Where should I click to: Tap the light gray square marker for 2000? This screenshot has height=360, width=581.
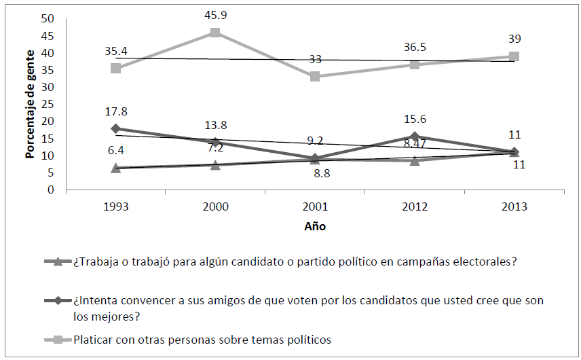click(x=215, y=32)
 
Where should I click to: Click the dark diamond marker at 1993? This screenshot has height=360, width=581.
click(x=115, y=128)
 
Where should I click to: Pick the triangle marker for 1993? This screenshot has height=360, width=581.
click(x=115, y=167)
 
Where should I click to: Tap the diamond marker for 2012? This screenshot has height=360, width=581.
click(x=415, y=137)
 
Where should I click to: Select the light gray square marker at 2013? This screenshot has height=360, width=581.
click(x=514, y=56)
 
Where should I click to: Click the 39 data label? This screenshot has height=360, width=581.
click(x=514, y=38)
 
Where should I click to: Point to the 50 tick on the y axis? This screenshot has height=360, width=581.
click(x=48, y=18)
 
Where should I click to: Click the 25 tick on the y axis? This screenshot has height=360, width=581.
click(x=48, y=104)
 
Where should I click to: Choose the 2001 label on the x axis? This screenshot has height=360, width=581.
click(x=315, y=207)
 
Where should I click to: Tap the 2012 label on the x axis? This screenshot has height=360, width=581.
click(x=415, y=207)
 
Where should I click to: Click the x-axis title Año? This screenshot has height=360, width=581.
click(x=314, y=227)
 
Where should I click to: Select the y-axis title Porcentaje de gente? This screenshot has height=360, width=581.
click(x=30, y=104)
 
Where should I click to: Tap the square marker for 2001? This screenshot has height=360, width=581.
click(x=315, y=77)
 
